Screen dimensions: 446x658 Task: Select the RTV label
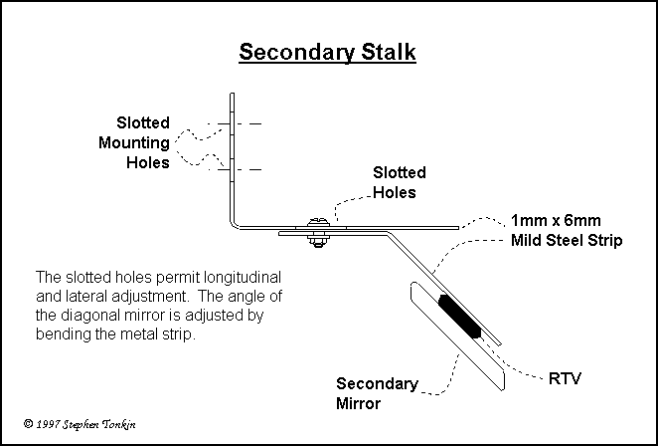click(x=565, y=379)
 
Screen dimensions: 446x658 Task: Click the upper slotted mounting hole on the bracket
click(x=232, y=123)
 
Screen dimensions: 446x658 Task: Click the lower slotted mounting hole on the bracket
click(x=232, y=167)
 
